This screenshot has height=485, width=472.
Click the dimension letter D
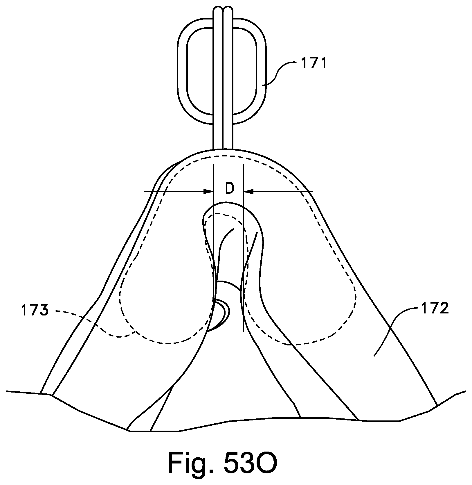coord(229,189)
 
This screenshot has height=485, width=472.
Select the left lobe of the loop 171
coord(182,73)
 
